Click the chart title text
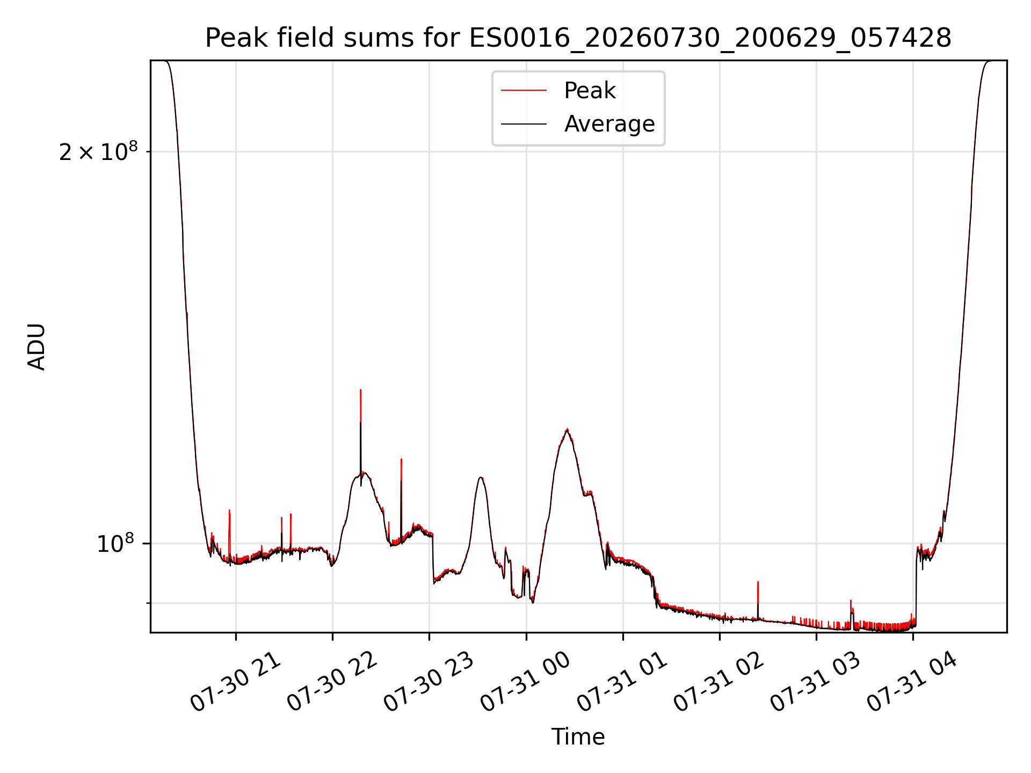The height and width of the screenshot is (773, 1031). [578, 38]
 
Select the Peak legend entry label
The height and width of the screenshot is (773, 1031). [590, 91]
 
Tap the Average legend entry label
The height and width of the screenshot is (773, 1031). [609, 124]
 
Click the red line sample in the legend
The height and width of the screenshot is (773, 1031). [524, 91]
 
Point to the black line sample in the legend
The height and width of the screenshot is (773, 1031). [524, 124]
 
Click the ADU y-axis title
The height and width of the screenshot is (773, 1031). [37, 347]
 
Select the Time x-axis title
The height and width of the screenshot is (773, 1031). [578, 737]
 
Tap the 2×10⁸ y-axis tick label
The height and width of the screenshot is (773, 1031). [98, 152]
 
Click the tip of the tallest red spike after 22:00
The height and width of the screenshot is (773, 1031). [360, 390]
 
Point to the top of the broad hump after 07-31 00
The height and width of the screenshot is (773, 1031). [567, 429]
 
